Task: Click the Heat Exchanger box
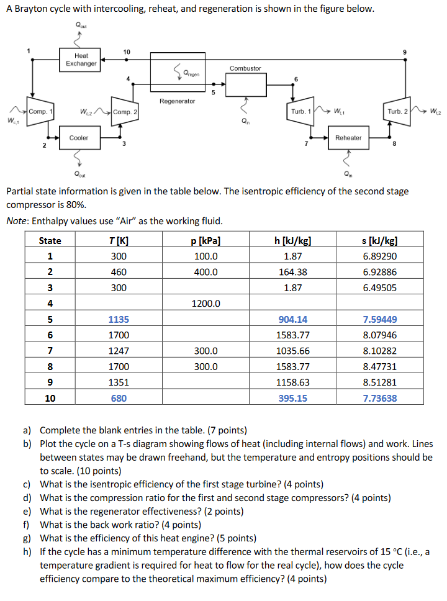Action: (81, 60)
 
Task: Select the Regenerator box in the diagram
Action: (177, 73)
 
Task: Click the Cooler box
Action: (78, 138)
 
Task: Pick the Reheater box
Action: (348, 138)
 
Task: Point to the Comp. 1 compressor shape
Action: (38, 112)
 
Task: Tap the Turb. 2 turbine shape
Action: (397, 112)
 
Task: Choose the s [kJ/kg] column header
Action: (380, 240)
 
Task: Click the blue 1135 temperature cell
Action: (118, 320)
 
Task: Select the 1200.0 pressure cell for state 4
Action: (205, 304)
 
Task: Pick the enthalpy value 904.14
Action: (292, 320)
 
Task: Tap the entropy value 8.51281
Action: (380, 382)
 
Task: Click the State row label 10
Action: (50, 398)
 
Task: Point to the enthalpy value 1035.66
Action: (292, 351)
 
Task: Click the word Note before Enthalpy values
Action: (17, 221)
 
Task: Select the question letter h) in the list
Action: (27, 552)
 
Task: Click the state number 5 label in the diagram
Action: (213, 94)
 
